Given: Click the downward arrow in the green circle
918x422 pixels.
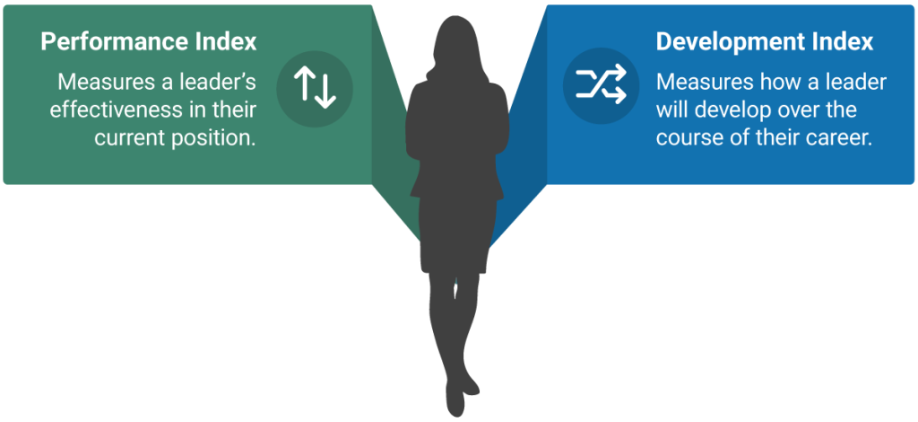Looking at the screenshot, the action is coord(325,92).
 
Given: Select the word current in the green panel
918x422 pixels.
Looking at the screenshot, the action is coord(133,138).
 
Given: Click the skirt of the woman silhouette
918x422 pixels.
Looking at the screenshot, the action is coord(454,234).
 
